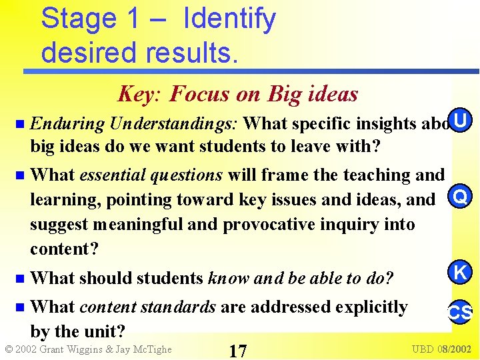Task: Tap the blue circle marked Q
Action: tap(459, 198)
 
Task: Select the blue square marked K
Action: tap(460, 272)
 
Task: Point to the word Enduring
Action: tap(67, 123)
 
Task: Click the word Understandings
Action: tap(176, 123)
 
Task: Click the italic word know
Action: tap(229, 277)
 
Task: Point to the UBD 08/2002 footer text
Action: tap(441, 349)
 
